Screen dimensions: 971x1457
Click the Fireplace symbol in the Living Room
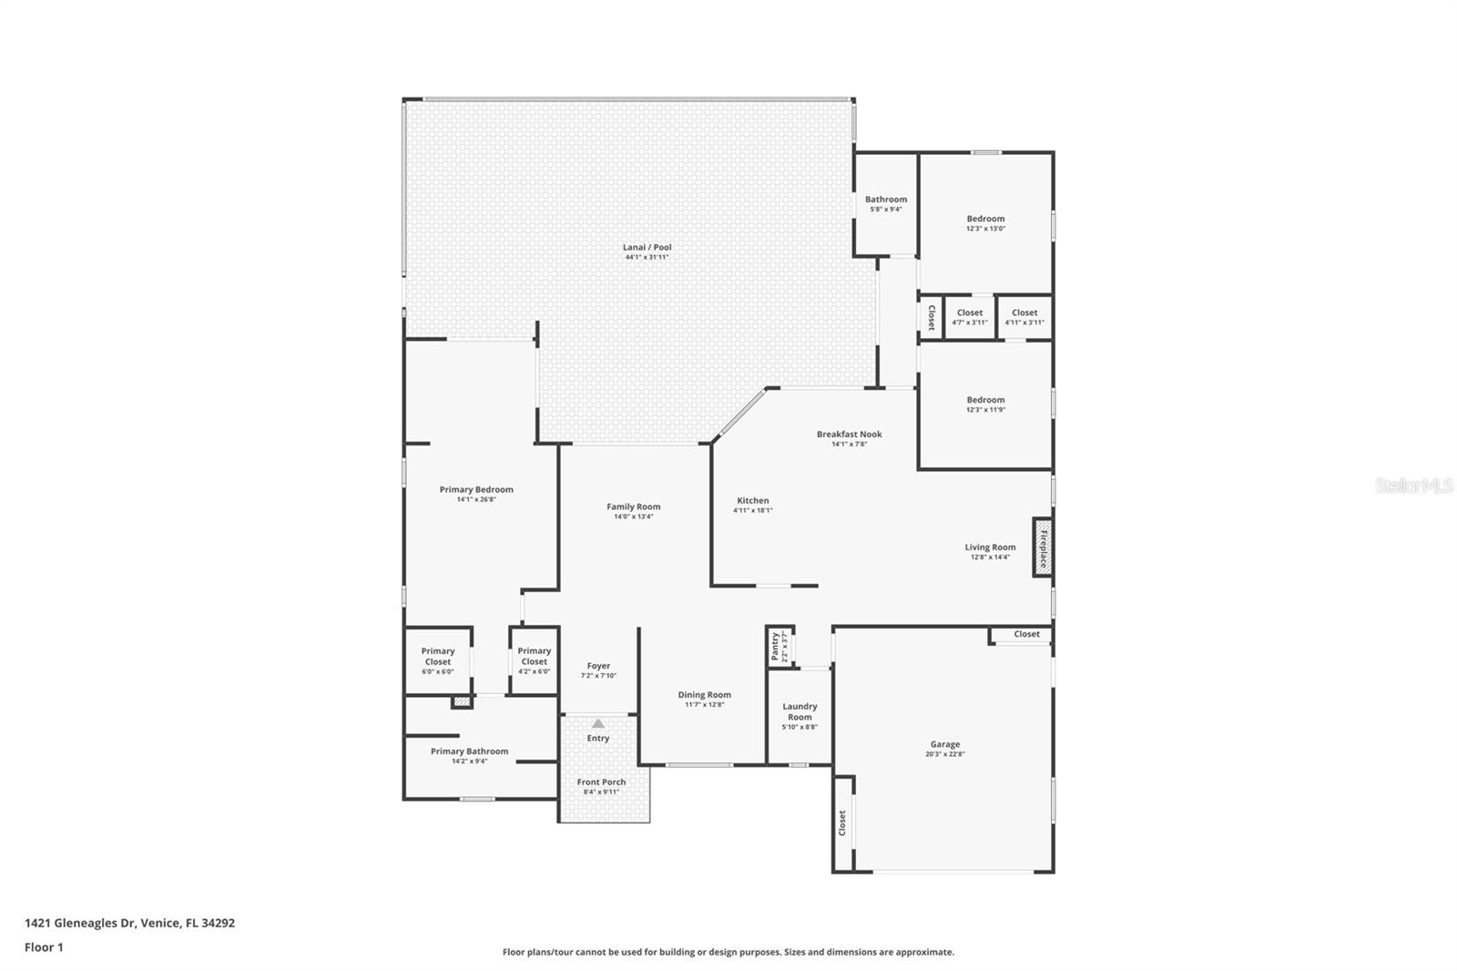[1043, 547]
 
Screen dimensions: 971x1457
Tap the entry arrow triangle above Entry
[598, 723]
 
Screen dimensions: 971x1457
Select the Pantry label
[776, 646]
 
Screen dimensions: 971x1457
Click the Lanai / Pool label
[647, 247]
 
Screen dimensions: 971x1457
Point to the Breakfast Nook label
[849, 434]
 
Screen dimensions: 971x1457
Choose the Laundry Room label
[800, 711]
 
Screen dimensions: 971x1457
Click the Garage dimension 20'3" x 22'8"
[944, 754]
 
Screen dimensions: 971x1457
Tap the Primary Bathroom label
[469, 751]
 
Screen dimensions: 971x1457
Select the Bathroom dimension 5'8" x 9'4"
[885, 210]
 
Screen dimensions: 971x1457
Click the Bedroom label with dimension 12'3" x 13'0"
[985, 219]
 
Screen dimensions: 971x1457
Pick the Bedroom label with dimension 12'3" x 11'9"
[985, 400]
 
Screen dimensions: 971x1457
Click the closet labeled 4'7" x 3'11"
[970, 317]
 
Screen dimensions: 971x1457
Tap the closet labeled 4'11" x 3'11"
[1024, 317]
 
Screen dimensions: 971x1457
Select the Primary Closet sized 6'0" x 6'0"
[438, 660]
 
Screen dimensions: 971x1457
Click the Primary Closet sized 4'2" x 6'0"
[534, 660]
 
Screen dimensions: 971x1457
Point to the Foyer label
[598, 666]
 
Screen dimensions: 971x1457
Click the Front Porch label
[601, 782]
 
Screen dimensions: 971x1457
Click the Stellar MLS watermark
[1413, 486]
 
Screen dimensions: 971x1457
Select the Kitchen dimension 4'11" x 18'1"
[752, 510]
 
